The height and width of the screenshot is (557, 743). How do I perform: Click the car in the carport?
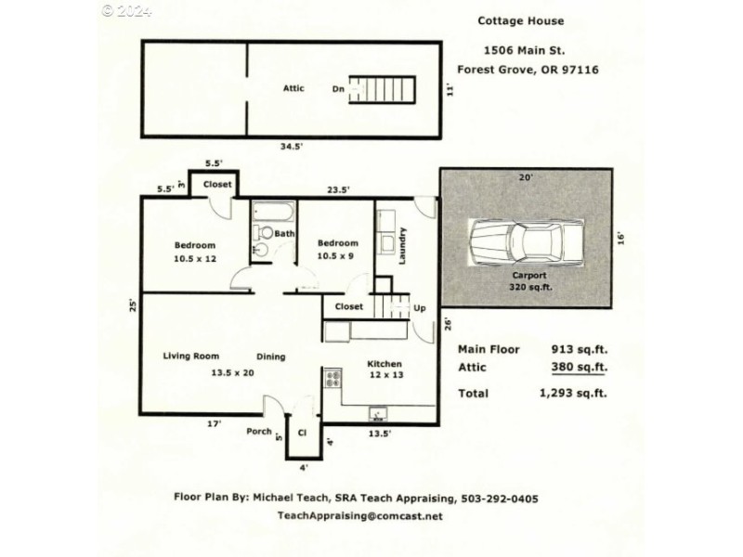tap(527, 244)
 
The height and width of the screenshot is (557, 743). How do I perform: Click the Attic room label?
tap(294, 88)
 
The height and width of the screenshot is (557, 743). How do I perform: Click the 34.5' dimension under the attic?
tap(289, 146)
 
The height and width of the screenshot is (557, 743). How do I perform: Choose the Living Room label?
tap(190, 356)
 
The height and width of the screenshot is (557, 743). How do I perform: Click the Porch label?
tap(258, 431)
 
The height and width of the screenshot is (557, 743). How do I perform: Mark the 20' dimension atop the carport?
tap(527, 176)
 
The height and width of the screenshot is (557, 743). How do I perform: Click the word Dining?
tap(271, 356)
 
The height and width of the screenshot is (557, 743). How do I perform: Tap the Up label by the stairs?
tap(419, 307)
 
